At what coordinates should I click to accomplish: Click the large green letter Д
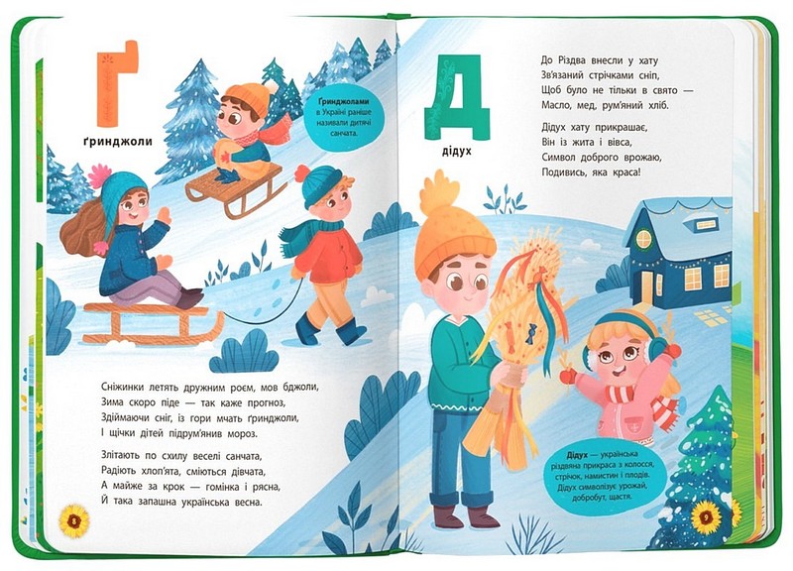point(457,97)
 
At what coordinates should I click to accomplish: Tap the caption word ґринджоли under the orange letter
point(118,141)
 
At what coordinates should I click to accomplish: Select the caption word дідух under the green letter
point(456,151)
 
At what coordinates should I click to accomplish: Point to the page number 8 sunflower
point(73,520)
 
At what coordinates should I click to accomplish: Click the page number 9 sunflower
point(707,517)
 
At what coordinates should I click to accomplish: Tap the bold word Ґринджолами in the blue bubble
point(344,102)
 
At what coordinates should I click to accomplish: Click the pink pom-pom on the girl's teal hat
point(99,175)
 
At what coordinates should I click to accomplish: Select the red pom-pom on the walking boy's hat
point(302,172)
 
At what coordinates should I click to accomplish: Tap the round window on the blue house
point(643,239)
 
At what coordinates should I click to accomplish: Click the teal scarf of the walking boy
point(303,234)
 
